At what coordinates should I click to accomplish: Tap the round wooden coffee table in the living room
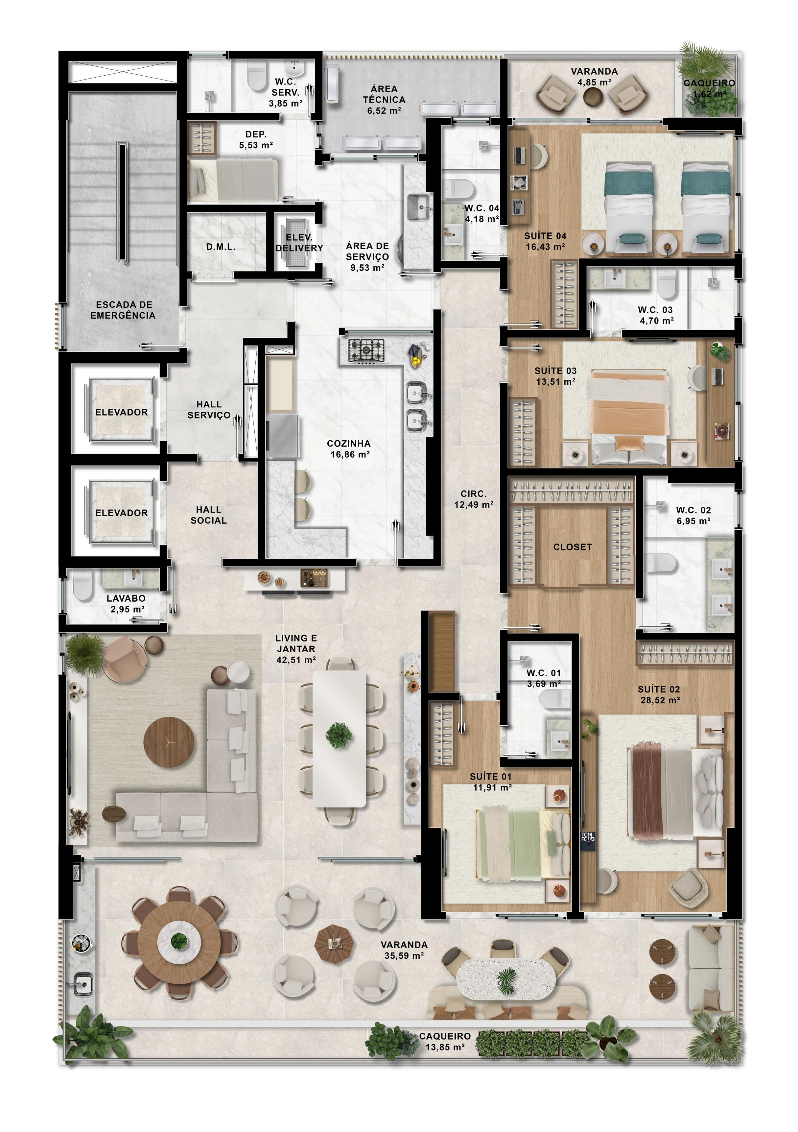click(169, 742)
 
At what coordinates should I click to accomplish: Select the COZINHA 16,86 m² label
click(349, 449)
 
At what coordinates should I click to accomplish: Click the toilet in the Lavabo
click(82, 585)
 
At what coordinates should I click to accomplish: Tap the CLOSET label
click(572, 547)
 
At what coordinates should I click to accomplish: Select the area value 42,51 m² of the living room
click(296, 660)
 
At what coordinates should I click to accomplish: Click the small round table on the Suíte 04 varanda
click(594, 97)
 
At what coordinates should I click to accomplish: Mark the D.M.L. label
click(220, 247)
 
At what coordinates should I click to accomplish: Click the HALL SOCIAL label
click(208, 515)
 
